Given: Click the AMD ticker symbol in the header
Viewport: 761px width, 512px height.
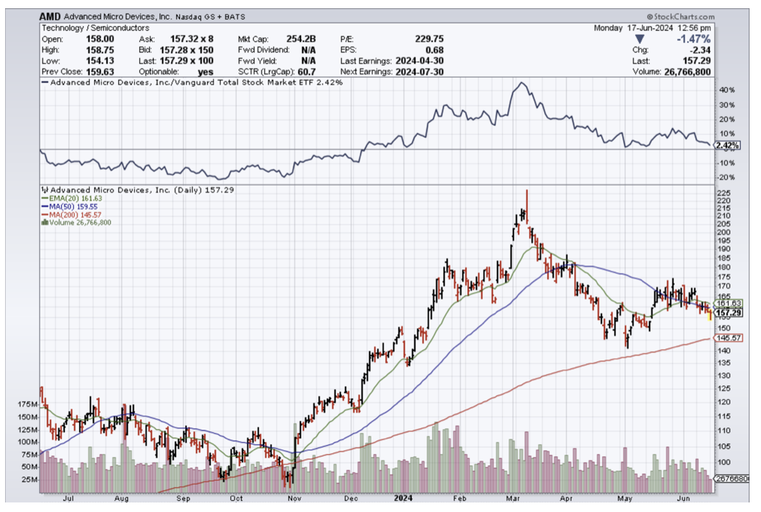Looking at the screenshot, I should pos(52,17).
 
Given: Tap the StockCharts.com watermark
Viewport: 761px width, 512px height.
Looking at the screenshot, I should pos(680,17).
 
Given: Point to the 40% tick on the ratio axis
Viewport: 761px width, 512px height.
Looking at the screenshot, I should pos(727,90).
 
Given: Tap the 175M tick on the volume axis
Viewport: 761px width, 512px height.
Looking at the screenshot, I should pos(27,404).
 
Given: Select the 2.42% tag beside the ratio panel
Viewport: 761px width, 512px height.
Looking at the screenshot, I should pos(727,146).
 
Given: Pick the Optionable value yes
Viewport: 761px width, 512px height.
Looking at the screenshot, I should pos(205,72).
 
